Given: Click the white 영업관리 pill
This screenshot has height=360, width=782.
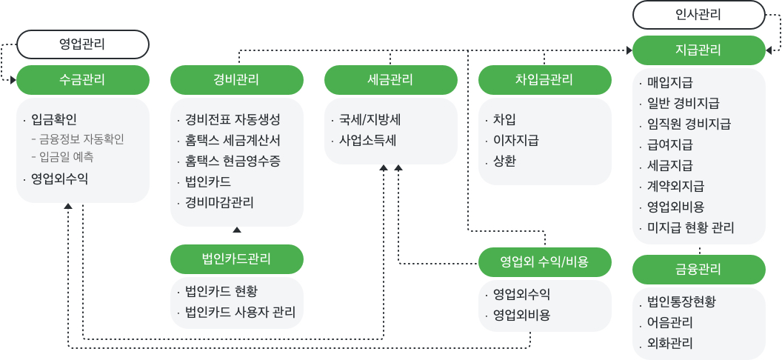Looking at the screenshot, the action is [83, 44].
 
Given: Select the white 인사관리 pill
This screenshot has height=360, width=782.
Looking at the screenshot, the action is [699, 15].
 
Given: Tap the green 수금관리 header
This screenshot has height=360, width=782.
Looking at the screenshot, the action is [83, 80].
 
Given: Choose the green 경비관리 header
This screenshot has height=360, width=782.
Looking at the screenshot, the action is [237, 80].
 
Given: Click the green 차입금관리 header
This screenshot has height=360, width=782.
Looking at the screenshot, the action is [544, 80].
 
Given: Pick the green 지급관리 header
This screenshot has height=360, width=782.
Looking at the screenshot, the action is [699, 50].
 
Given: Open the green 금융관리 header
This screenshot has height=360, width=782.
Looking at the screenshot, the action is [699, 270].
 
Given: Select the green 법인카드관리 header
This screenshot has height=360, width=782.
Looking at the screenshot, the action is [237, 259].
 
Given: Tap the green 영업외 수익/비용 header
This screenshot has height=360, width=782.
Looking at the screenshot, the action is [544, 261].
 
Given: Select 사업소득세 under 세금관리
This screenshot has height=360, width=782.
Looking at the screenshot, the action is [367, 141].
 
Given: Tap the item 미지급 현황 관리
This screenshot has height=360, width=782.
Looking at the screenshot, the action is [691, 228].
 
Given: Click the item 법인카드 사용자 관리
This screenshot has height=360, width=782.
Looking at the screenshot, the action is [241, 312].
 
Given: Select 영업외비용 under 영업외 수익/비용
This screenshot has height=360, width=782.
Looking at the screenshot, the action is [521, 315].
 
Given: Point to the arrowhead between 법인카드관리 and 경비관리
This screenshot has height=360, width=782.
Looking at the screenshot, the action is [237, 230].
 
